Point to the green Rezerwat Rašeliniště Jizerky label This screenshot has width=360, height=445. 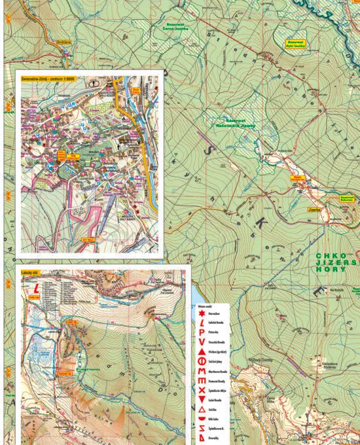pyautogui.click(x=236, y=123)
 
